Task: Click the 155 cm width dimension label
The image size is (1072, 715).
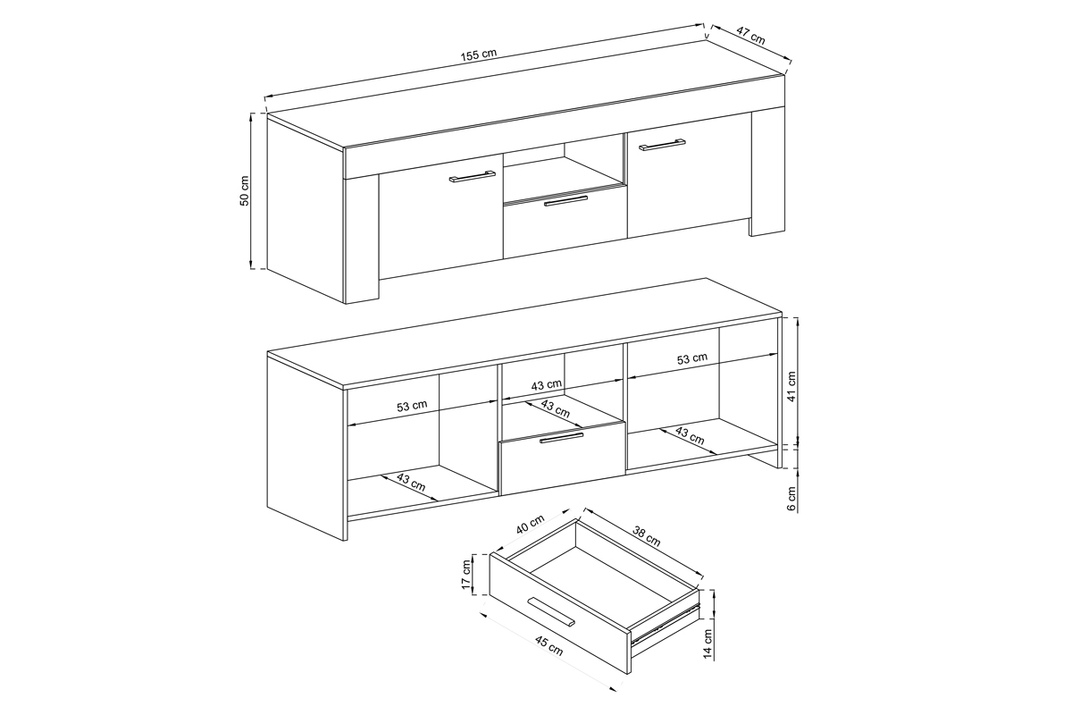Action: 479,55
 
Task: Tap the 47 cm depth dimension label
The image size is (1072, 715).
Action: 750,36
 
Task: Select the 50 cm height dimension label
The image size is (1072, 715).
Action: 245,191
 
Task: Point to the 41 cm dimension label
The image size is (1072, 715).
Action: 791,386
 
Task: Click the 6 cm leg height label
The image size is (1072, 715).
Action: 791,499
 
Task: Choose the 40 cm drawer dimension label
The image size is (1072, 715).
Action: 531,524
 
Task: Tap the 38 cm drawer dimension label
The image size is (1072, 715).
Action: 647,536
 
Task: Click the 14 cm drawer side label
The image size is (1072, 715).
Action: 708,643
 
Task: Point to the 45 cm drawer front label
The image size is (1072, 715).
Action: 549,646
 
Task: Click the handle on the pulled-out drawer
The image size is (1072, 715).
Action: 550,611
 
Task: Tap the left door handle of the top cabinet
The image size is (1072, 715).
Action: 473,176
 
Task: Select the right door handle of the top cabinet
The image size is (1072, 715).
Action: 662,144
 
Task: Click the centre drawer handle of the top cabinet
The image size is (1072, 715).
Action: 566,201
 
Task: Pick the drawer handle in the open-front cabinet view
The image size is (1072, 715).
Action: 561,438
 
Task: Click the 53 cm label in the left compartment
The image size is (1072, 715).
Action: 412,406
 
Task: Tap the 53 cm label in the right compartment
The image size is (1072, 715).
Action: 692,358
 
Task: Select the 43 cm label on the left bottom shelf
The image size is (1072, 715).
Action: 411,483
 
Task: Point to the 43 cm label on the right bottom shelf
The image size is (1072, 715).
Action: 690,435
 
